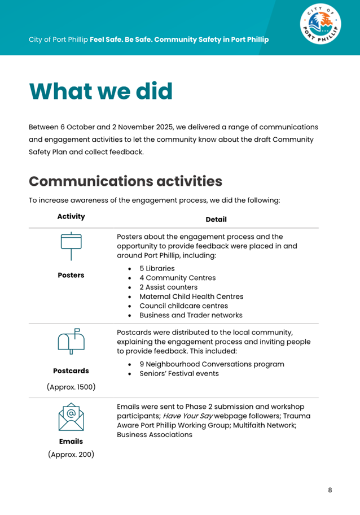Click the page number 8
pyautogui.click(x=330, y=490)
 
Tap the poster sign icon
pyautogui.click(x=71, y=246)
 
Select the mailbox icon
pyautogui.click(x=71, y=341)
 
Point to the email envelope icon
pyautogui.click(x=71, y=418)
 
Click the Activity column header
pyautogui.click(x=71, y=216)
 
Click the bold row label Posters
pyautogui.click(x=71, y=275)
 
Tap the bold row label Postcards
pyautogui.click(x=71, y=371)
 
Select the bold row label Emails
pyautogui.click(x=71, y=441)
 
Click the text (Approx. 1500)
pyautogui.click(x=71, y=387)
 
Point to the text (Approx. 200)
pyautogui.click(x=71, y=455)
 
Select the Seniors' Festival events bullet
pyautogui.click(x=179, y=373)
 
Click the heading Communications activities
pyautogui.click(x=125, y=181)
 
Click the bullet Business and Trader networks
pyautogui.click(x=191, y=315)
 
